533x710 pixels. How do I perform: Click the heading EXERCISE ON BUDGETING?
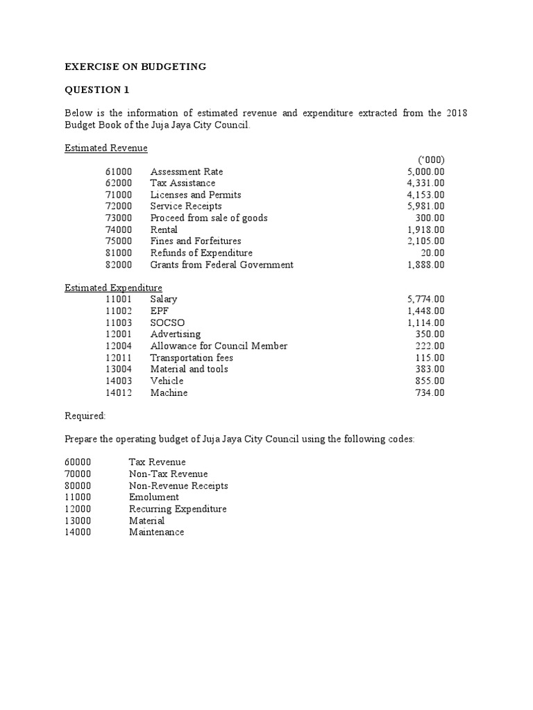pos(135,67)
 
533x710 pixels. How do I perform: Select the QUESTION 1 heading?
pos(96,90)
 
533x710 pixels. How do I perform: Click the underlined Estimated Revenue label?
pos(106,148)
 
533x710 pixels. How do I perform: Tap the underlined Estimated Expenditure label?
pos(114,288)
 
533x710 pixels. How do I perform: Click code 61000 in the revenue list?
pos(119,172)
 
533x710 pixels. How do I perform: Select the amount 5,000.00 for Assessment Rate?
pos(426,172)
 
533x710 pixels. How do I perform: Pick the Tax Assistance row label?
pos(183,183)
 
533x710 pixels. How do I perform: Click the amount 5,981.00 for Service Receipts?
pos(426,207)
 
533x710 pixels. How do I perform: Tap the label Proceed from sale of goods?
pos(209,218)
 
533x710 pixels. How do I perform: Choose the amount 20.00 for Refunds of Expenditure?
pos(432,253)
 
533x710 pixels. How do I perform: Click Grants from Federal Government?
pos(222,265)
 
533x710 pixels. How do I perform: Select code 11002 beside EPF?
pos(119,311)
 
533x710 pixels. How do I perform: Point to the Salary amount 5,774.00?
pos(426,300)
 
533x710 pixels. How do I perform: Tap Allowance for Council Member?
pos(219,346)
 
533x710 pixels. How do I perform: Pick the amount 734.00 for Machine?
pos(430,393)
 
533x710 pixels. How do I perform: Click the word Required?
pos(85,416)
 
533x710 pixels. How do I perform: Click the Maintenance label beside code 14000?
pos(157,532)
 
